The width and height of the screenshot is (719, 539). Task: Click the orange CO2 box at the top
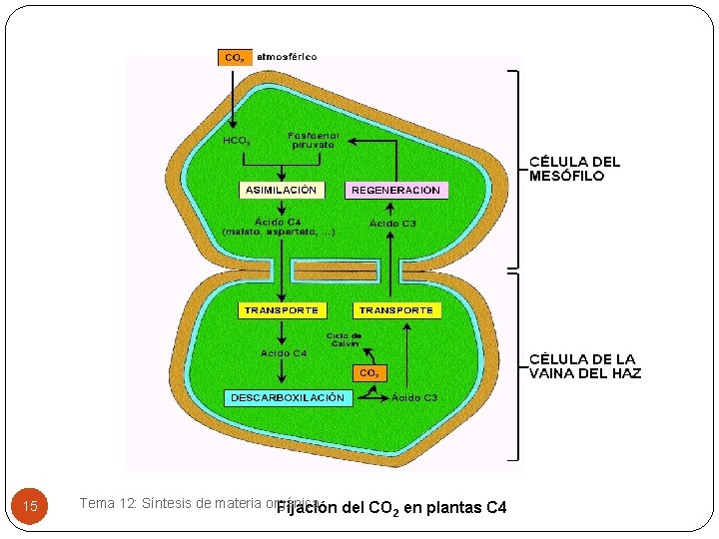pyautogui.click(x=234, y=57)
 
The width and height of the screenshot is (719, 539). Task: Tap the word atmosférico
pyautogui.click(x=288, y=57)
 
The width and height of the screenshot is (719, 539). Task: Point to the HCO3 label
pyautogui.click(x=236, y=141)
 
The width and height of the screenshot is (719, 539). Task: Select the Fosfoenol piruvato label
pyautogui.click(x=314, y=140)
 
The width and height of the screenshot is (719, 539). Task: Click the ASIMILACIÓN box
pyautogui.click(x=281, y=190)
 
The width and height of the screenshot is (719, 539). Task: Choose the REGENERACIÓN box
pyautogui.click(x=395, y=190)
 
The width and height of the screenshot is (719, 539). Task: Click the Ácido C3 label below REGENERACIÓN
pyautogui.click(x=393, y=224)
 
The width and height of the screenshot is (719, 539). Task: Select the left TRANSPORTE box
pyautogui.click(x=282, y=310)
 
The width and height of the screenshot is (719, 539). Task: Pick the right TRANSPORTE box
pyautogui.click(x=396, y=310)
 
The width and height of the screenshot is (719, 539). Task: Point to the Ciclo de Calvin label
pyautogui.click(x=344, y=340)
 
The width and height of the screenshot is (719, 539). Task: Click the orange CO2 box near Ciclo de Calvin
pyautogui.click(x=368, y=373)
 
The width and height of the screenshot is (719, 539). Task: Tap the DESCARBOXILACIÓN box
pyautogui.click(x=288, y=397)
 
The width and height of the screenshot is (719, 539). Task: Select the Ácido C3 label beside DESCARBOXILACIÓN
pyautogui.click(x=414, y=397)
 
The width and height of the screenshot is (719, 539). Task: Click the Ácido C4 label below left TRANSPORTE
pyautogui.click(x=284, y=352)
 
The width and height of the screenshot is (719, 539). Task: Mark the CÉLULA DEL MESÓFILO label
pyautogui.click(x=574, y=168)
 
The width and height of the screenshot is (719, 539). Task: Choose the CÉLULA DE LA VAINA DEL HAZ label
pyautogui.click(x=584, y=366)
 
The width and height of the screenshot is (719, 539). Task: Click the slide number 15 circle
pyautogui.click(x=30, y=507)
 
